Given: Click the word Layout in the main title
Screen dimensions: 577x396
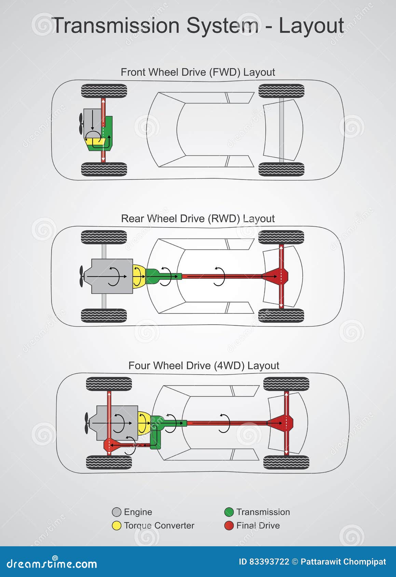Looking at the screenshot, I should (x=311, y=26).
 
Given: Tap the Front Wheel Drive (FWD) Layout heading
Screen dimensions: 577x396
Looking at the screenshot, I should (x=198, y=72).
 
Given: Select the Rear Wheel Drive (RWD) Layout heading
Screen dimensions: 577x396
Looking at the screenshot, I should (x=198, y=219).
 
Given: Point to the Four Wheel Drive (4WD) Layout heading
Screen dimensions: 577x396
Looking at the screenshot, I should (x=204, y=366).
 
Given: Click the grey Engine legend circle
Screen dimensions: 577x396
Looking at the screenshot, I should (x=117, y=512).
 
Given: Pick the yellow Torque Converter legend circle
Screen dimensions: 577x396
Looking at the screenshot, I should (x=117, y=525).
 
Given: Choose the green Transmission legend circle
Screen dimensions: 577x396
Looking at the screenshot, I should (x=229, y=512).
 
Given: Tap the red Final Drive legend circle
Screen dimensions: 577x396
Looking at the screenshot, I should (x=229, y=525).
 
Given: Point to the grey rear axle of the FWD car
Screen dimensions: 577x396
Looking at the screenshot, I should (x=282, y=130).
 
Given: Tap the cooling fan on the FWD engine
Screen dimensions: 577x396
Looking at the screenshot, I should (x=81, y=124).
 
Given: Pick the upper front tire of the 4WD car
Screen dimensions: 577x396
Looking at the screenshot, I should (x=109, y=384).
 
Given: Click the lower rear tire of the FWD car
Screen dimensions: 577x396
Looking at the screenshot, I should (x=281, y=169).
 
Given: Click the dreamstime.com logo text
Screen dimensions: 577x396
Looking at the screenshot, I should (x=52, y=564).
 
